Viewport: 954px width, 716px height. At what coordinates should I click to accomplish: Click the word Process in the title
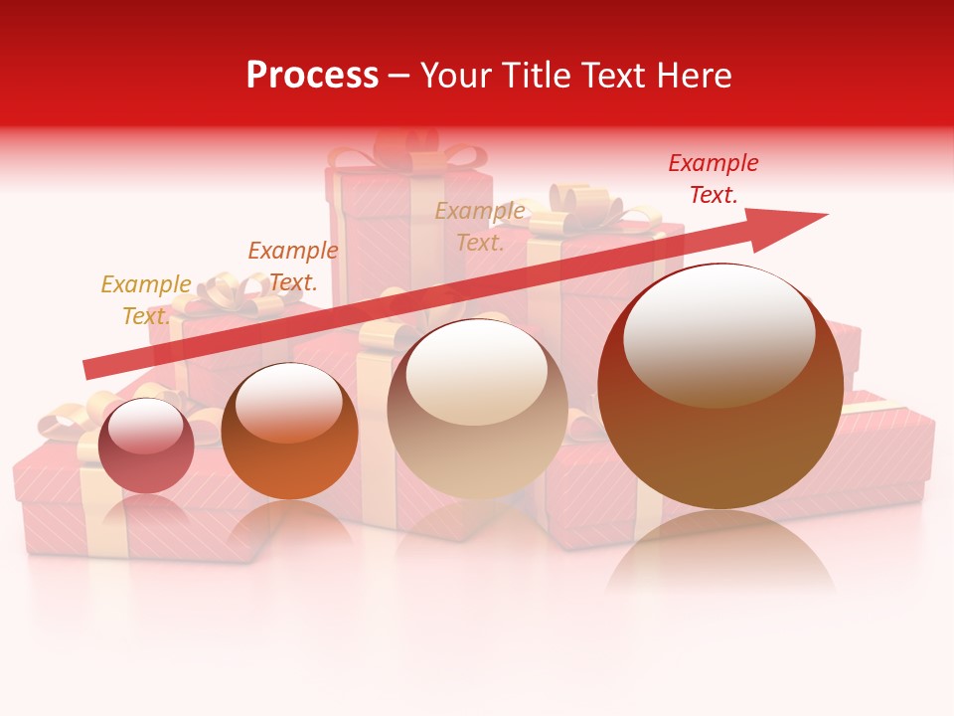[x=312, y=76]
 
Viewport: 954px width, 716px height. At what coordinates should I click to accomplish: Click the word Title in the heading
[x=538, y=76]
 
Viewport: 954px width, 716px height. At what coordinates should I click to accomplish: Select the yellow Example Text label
[x=145, y=300]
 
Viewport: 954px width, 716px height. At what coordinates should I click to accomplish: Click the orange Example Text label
[x=292, y=267]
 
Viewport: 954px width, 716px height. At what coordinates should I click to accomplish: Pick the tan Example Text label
[x=480, y=227]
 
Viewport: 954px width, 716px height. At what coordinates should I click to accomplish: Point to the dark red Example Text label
[x=713, y=179]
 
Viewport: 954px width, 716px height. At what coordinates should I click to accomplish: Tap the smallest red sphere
[x=146, y=446]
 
